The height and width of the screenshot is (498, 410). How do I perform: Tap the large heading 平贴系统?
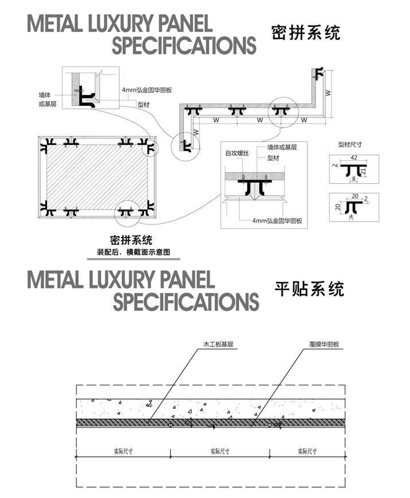(310, 288)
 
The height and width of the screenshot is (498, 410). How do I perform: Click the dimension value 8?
(353, 179)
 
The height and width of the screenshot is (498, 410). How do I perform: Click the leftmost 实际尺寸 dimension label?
(124, 452)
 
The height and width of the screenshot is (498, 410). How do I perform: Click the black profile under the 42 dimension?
(353, 169)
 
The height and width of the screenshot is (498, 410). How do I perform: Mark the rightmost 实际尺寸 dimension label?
(307, 452)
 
